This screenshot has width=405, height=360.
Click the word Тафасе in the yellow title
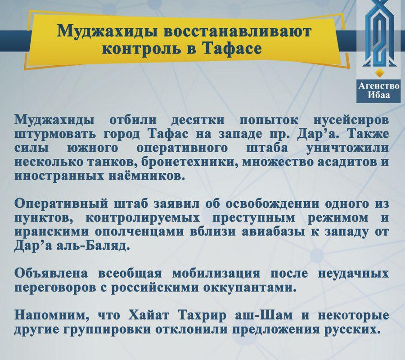pos(232,48)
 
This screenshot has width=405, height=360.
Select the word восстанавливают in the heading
pos(237,31)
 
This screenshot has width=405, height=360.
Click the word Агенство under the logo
pos(379,86)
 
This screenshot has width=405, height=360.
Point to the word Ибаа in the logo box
pos(379,95)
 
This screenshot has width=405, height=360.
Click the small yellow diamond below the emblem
pos(379,73)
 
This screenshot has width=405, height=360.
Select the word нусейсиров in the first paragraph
pos(351,120)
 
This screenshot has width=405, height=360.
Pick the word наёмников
pos(143,176)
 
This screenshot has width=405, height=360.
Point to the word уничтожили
pos(347,148)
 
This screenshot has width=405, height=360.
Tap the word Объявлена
pos(51,274)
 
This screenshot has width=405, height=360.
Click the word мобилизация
pos(216,274)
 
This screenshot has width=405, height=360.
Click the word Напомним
pos(51,315)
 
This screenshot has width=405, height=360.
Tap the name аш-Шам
pos(264,315)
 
